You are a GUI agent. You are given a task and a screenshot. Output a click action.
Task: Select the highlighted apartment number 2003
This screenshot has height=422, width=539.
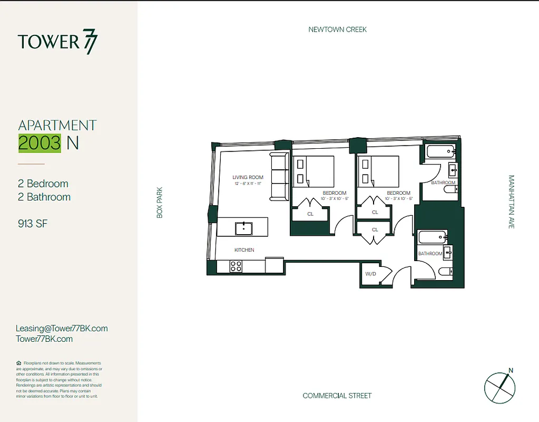click(x=40, y=142)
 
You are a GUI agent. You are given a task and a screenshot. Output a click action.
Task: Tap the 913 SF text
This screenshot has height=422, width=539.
click(x=33, y=224)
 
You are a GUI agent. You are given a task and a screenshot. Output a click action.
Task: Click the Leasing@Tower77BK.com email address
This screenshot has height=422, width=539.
click(x=62, y=328)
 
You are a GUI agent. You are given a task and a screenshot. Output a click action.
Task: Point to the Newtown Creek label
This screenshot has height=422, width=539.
click(x=337, y=30)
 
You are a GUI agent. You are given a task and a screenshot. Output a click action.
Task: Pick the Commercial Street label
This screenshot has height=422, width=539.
click(x=337, y=396)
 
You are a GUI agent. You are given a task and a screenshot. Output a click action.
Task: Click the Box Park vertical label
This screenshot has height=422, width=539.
click(x=160, y=203)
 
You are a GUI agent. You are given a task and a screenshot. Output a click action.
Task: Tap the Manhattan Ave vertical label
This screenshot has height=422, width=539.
click(x=511, y=202)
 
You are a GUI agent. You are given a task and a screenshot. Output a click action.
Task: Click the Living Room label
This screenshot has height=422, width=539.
click(x=248, y=177)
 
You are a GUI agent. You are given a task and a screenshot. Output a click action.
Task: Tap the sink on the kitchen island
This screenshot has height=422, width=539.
click(x=243, y=228)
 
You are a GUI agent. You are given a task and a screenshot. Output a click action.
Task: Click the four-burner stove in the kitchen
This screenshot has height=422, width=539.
click(x=236, y=266)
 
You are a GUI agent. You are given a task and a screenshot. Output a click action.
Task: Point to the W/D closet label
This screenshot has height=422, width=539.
click(x=370, y=274)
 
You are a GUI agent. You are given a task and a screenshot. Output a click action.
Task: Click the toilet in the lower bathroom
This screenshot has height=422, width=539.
click(x=446, y=272)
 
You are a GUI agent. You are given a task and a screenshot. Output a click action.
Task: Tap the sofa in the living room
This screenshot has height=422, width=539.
click(x=278, y=177)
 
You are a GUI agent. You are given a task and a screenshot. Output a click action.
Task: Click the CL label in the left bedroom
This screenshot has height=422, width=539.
click(x=310, y=214)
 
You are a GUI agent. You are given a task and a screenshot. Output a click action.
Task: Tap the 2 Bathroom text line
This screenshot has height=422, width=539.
click(x=44, y=197)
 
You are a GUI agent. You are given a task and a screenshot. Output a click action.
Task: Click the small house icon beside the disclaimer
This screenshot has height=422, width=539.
click(x=19, y=363)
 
